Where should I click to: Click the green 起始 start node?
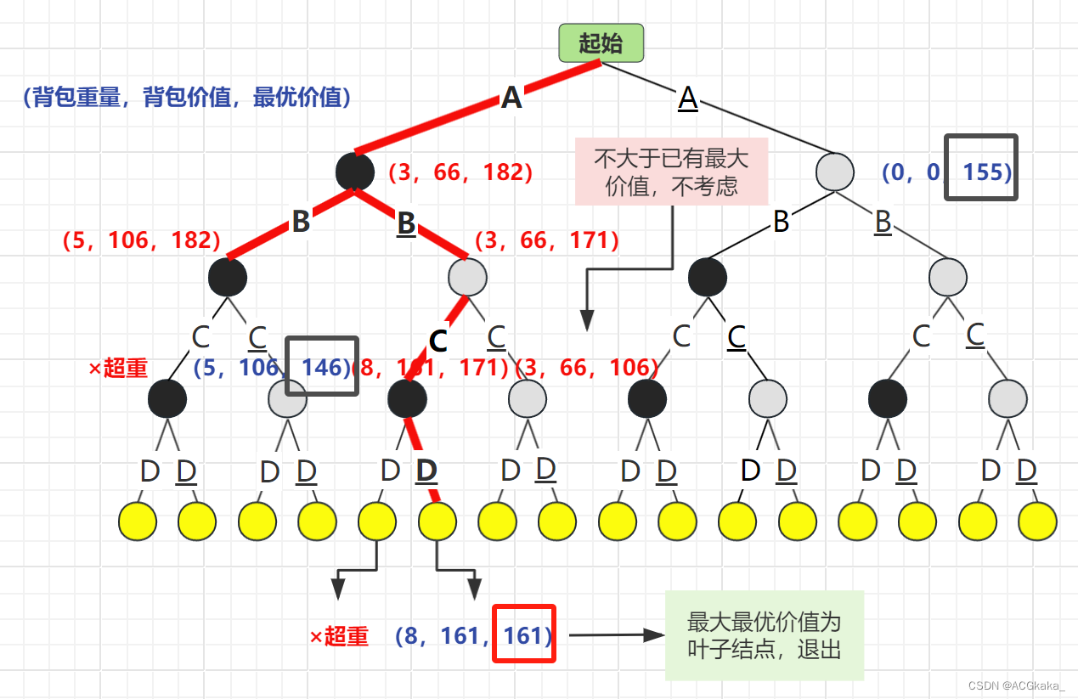coord(601,43)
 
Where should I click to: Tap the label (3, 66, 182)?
coord(460,172)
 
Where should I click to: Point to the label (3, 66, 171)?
coord(546,240)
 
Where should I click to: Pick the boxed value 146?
coord(323,366)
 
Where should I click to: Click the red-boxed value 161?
coord(524,634)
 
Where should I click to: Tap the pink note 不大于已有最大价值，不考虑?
coord(671,172)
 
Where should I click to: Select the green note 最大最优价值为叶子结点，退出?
coord(764,635)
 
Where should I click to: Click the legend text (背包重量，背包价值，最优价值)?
coord(187,98)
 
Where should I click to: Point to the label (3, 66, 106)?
coord(588,368)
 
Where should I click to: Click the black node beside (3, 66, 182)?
coord(355,172)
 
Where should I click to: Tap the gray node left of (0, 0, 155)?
coord(834,171)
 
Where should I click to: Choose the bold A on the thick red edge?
coord(511,98)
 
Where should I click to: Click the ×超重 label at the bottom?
coord(339,636)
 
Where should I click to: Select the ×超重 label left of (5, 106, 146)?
coord(118,368)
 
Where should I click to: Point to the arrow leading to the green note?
coord(616,634)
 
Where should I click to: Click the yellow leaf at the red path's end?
coord(437,521)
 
